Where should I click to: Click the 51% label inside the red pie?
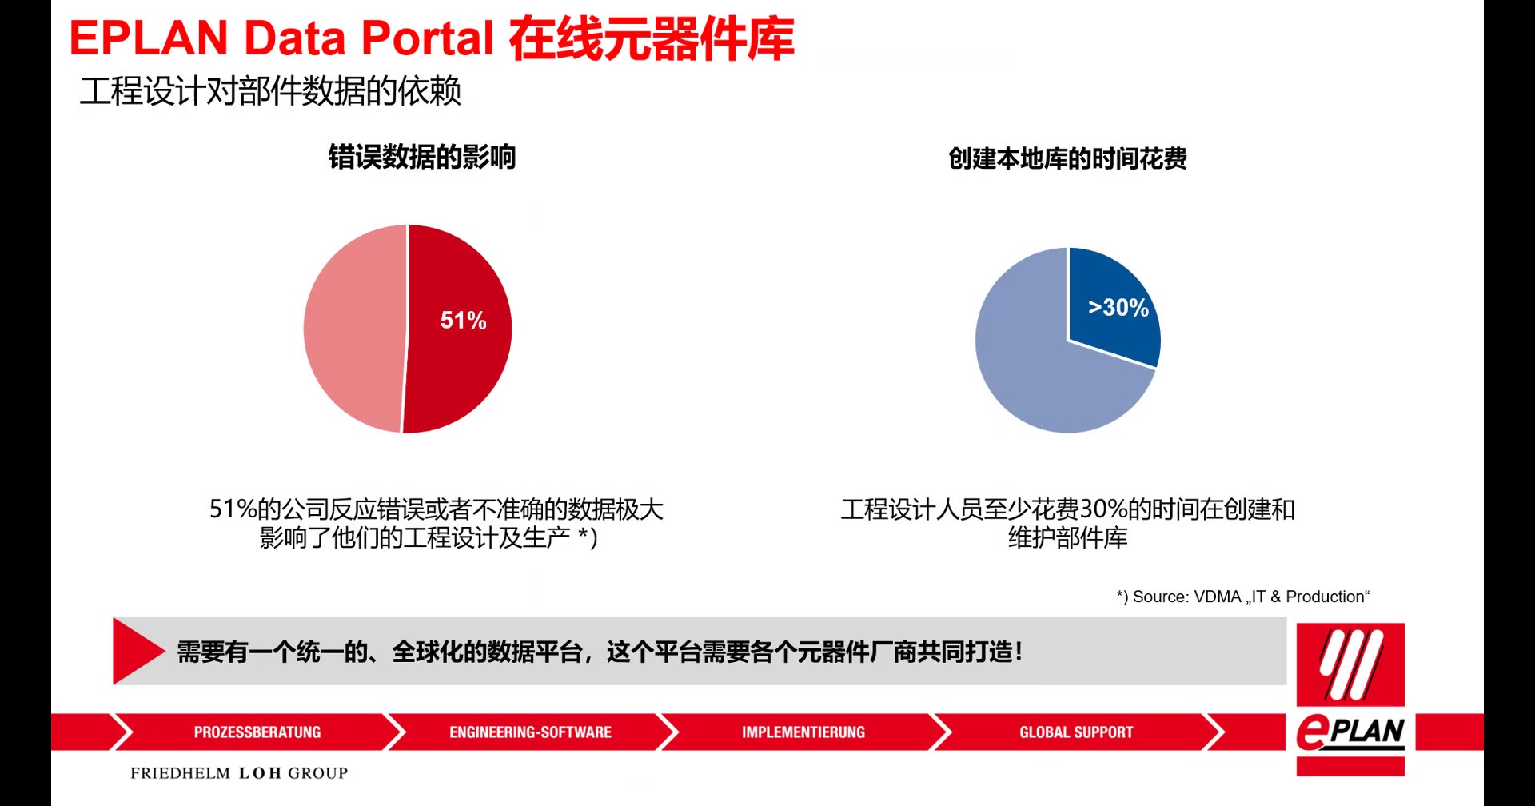pyautogui.click(x=463, y=321)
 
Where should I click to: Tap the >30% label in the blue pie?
pyautogui.click(x=1118, y=308)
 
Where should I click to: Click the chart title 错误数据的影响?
pyautogui.click(x=421, y=157)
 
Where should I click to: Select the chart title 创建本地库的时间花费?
pyautogui.click(x=1067, y=158)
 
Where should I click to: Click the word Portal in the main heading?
pyautogui.click(x=428, y=38)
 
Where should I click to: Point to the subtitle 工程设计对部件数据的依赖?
pyautogui.click(x=270, y=91)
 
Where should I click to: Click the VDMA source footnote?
pyautogui.click(x=1242, y=597)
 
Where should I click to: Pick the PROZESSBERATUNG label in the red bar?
pyautogui.click(x=257, y=732)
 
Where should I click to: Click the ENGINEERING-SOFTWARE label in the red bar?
pyautogui.click(x=530, y=732)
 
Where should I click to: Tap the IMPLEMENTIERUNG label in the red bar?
pyautogui.click(x=803, y=732)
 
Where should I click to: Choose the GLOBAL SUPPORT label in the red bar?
pyautogui.click(x=1076, y=732)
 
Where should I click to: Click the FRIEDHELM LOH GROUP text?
pyautogui.click(x=239, y=773)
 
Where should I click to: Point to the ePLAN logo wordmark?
pyautogui.click(x=1350, y=732)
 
